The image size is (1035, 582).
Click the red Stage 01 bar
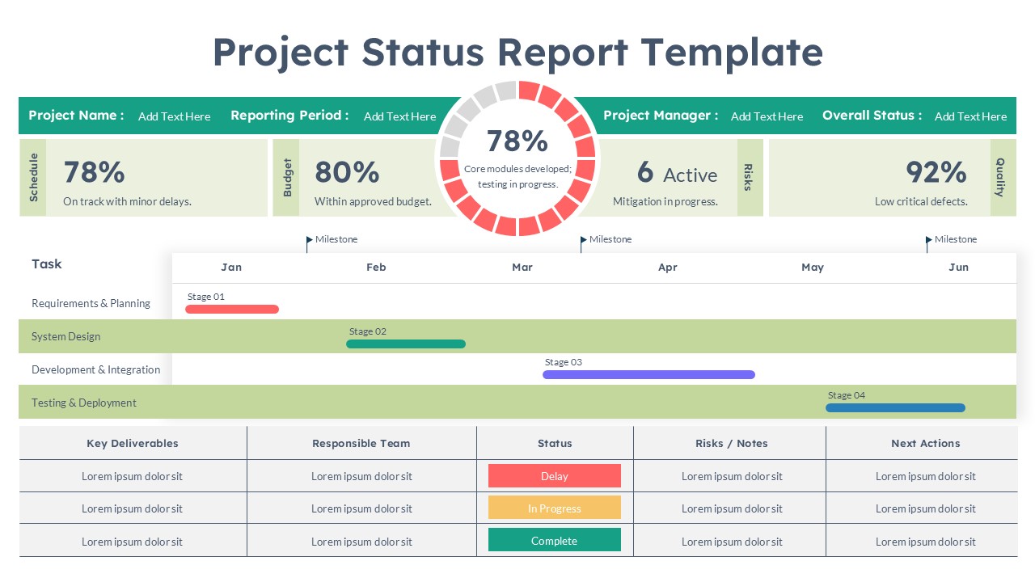232,309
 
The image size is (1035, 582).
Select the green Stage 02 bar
406,344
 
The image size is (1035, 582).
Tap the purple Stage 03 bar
648,374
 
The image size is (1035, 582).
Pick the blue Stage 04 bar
895,407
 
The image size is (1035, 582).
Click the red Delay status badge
555,476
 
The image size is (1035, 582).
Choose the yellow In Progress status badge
555,508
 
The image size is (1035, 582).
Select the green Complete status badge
555,540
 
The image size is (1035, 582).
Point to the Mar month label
522,268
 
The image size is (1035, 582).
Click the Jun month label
958,268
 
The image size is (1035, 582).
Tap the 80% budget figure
347,172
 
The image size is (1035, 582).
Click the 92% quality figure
936,172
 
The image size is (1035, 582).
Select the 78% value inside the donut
517,141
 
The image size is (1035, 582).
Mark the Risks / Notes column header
731,443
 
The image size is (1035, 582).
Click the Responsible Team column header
361,443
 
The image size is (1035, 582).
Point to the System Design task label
66,336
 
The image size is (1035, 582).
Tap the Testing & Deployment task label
84,403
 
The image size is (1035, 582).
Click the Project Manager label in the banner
661,116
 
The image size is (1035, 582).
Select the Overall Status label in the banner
872,116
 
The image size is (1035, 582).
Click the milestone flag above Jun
929,239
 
